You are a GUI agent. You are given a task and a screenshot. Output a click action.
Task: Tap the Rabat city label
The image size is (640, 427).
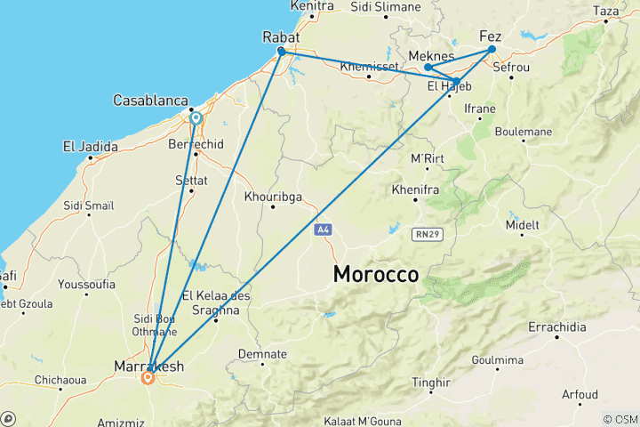point(281,37)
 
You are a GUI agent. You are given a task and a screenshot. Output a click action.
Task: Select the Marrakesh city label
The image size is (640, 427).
point(149,365)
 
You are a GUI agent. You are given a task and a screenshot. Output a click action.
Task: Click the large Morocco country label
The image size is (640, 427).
point(375,274)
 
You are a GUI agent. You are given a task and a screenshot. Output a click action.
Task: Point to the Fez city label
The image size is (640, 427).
point(491,36)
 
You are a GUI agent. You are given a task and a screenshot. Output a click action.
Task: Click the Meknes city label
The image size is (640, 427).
point(431,56)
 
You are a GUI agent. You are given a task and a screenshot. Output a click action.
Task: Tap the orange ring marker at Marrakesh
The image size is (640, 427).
point(148,377)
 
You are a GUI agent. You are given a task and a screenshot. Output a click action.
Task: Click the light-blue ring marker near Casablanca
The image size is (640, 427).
point(196,117)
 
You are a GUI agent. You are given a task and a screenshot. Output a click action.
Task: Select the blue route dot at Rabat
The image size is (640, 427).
point(281,52)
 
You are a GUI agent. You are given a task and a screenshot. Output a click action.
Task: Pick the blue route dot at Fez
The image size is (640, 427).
point(492,50)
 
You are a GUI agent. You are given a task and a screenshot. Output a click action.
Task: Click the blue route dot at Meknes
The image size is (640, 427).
point(428,68)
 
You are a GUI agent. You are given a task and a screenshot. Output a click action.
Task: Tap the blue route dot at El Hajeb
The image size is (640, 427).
point(457,82)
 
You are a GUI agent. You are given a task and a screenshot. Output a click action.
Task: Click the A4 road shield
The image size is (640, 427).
point(323,230)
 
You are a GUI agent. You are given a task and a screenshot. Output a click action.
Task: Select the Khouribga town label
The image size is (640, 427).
point(273,197)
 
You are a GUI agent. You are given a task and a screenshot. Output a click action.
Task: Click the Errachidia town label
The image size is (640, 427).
point(557,326)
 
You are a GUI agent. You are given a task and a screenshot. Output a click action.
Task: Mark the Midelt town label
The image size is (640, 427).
point(523,225)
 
